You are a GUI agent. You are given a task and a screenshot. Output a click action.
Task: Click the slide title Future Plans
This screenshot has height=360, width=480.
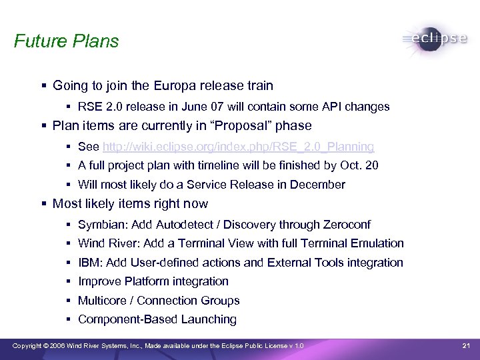pyautogui.click(x=66, y=41)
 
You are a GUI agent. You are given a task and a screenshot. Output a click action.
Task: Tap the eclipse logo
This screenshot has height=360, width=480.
pyautogui.click(x=435, y=39)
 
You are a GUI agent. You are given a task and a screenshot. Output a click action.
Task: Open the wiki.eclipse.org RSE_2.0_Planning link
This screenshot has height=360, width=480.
pyautogui.click(x=238, y=146)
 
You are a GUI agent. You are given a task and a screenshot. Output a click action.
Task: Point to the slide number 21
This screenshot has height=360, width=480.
pyautogui.click(x=466, y=345)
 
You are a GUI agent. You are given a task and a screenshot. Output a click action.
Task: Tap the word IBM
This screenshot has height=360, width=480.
pyautogui.click(x=89, y=263)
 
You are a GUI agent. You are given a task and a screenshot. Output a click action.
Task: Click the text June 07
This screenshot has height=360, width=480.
pyautogui.click(x=193, y=107)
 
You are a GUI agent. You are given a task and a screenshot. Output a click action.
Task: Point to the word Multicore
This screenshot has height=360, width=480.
pyautogui.click(x=102, y=301)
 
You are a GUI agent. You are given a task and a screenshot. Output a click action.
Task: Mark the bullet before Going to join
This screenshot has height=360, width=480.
pyautogui.click(x=43, y=86)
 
